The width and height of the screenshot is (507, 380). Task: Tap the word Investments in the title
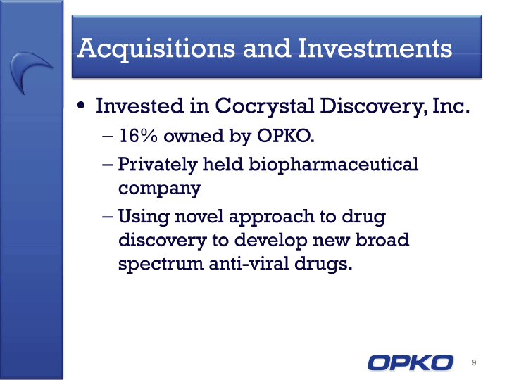coord(375,48)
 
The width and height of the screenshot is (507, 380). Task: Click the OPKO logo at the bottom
coord(411,362)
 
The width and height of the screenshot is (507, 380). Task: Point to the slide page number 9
coord(474,362)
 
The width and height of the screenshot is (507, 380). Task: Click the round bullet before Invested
coord(81,106)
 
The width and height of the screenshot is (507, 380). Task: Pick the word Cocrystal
coord(265,107)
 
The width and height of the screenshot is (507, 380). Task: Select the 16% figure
coord(139,135)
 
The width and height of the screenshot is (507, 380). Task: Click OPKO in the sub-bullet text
coord(285,135)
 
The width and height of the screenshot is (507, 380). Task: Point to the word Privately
coord(158,165)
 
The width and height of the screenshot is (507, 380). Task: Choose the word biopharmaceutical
coord(333,165)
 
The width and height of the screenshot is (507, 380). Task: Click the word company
coord(160,189)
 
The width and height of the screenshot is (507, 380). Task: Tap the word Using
coord(144,217)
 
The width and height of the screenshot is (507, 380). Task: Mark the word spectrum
coord(161,264)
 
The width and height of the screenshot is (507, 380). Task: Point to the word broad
coord(382,239)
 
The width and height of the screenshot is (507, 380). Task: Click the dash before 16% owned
coord(107,137)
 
